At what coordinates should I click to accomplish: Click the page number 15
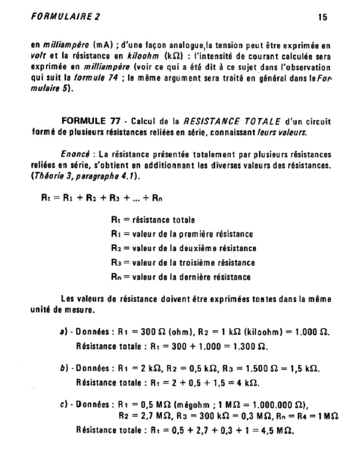click(x=322, y=17)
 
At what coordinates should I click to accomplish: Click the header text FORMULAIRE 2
click(x=65, y=17)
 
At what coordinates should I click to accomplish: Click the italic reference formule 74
click(x=100, y=78)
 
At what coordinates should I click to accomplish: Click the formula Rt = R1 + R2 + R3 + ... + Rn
click(x=102, y=198)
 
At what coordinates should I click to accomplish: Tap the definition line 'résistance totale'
click(x=157, y=219)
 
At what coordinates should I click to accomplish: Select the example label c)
click(x=61, y=404)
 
